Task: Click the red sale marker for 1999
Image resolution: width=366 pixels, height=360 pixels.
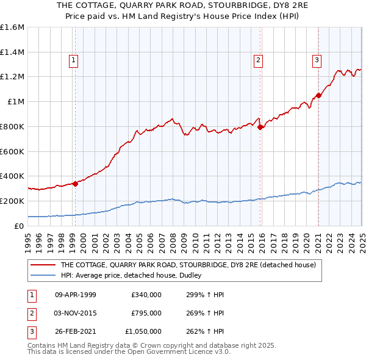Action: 76,183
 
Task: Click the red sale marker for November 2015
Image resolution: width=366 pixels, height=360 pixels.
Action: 260,127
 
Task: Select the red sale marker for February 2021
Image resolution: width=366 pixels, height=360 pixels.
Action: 318,95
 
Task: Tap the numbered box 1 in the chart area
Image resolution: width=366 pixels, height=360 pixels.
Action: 73,60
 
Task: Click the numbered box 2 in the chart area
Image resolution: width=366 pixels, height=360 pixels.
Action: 259,60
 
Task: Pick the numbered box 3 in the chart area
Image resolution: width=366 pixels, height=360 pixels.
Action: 317,60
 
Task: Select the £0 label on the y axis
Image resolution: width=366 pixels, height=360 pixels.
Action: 19,226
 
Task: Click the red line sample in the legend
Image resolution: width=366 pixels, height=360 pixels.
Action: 42,265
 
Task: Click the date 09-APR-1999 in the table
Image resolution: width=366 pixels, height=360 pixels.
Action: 76,295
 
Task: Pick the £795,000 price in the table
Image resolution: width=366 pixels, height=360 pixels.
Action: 146,313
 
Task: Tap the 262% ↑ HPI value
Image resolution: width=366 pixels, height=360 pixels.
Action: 203,331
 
